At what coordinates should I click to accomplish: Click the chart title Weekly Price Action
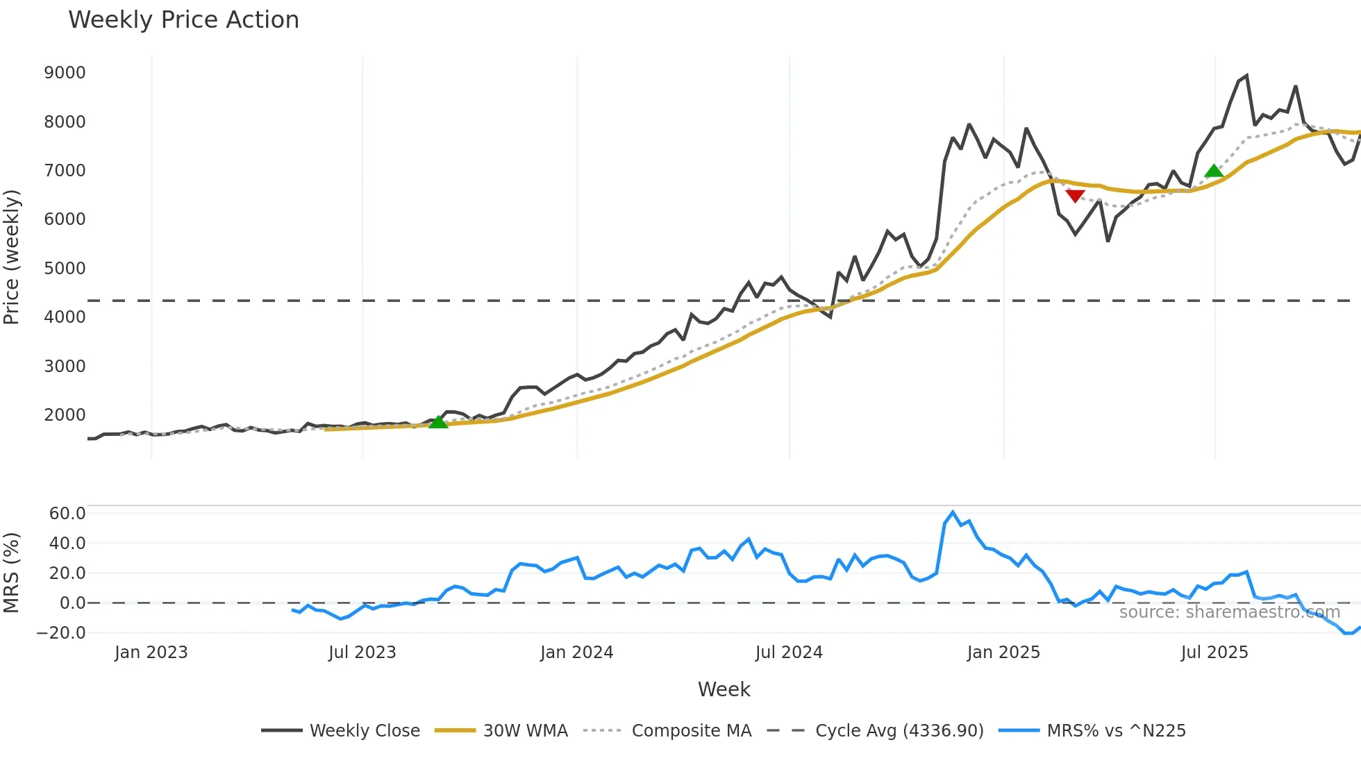point(183,20)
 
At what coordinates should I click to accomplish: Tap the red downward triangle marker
point(1075,196)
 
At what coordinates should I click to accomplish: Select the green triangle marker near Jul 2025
point(1214,171)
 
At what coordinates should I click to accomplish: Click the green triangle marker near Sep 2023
point(438,421)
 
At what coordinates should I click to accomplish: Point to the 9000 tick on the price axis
point(65,73)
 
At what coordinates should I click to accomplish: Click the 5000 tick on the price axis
point(65,269)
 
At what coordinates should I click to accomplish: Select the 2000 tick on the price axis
point(65,415)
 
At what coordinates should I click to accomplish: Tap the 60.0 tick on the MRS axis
point(67,514)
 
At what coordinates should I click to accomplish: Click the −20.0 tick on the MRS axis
point(61,633)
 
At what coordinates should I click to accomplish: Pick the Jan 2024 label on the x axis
point(576,653)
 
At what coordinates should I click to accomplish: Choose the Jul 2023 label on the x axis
point(362,653)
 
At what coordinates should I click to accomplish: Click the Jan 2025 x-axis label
point(1003,653)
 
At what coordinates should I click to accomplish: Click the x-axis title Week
point(724,689)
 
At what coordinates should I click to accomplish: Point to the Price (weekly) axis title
point(12,257)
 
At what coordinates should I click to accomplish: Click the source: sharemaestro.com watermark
point(1229,612)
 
